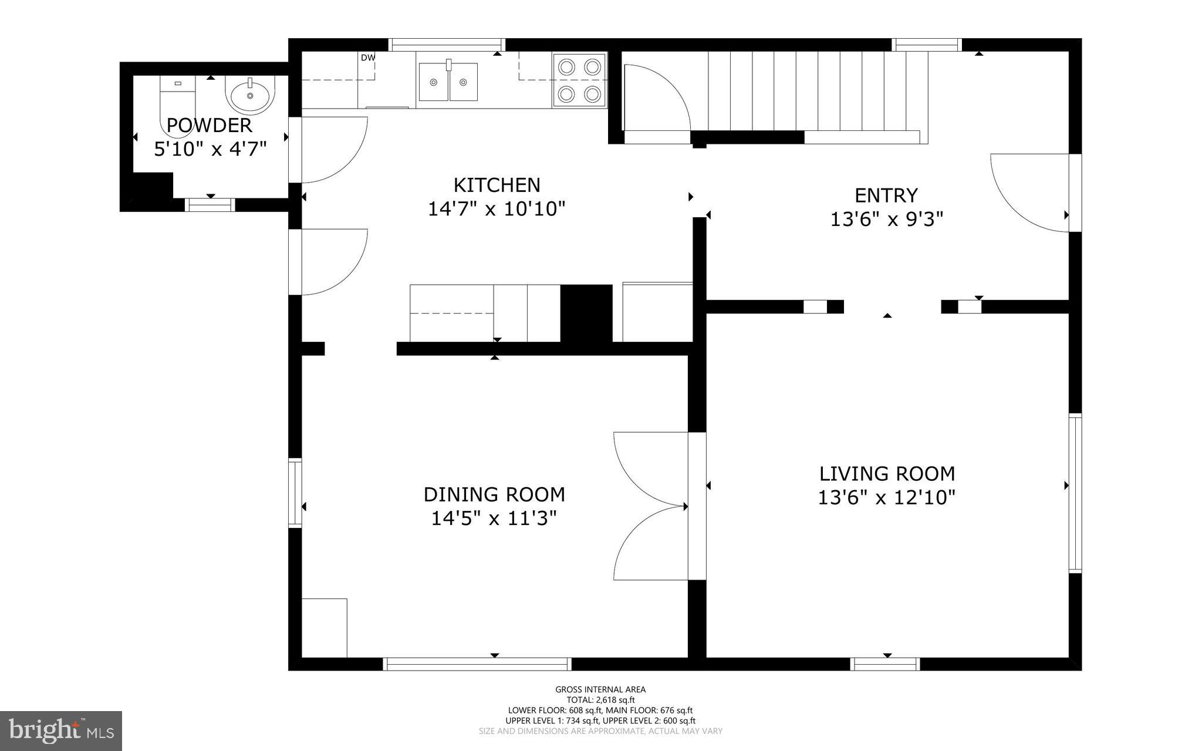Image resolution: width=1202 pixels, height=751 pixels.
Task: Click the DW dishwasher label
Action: click(367, 58)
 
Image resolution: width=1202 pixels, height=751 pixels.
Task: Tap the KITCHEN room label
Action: click(497, 185)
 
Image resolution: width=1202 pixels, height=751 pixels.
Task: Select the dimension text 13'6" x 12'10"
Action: click(886, 498)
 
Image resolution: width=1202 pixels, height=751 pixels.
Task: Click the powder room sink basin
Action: click(251, 96)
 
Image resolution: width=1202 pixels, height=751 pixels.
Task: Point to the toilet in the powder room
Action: click(177, 106)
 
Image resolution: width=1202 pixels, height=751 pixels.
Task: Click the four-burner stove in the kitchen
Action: click(579, 80)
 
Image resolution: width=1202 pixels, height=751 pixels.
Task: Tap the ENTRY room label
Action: click(886, 195)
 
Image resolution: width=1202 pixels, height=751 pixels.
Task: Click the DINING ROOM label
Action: click(494, 494)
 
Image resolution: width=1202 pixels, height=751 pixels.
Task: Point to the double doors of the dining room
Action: click(649, 506)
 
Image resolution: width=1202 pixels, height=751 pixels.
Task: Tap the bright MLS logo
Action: click(60, 730)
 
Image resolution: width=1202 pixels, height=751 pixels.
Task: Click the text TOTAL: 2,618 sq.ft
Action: click(600, 700)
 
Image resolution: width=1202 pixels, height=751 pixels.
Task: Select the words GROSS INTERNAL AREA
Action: click(600, 689)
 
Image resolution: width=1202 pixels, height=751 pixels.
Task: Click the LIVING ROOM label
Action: click(887, 473)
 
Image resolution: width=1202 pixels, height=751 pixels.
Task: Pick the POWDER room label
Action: click(210, 125)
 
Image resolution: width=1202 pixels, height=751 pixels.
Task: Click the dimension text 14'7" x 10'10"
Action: click(497, 209)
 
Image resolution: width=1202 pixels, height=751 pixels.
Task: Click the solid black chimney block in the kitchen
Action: click(586, 313)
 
